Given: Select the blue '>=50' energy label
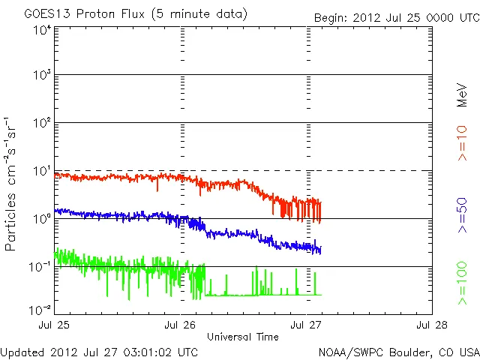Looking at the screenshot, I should coord(463,214).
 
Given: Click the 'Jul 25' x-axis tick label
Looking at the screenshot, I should coord(56,325).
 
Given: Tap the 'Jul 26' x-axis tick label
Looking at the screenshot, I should coord(181,325).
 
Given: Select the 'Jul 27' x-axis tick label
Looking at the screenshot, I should coord(307,325).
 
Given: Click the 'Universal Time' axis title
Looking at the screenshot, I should coord(243,337).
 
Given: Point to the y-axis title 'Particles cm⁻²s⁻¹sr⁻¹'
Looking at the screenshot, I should coord(10,184).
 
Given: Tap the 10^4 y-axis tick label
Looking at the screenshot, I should coord(41,31).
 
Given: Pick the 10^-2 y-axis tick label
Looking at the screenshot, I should coord(40,309).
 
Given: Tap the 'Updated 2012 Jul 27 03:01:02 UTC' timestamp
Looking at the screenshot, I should coord(100,352).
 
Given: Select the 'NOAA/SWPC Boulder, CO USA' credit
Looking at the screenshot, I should coord(398,352).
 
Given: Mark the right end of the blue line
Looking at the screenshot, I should coord(321,250).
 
